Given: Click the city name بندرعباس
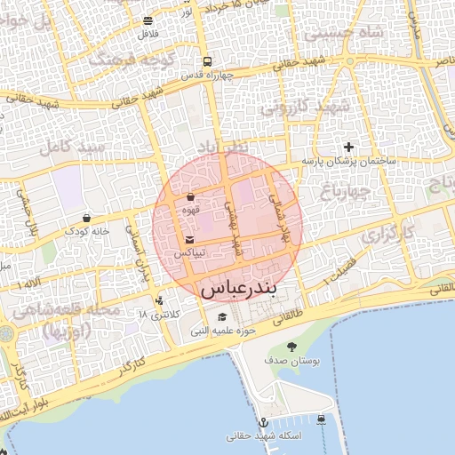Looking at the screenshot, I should [239, 289].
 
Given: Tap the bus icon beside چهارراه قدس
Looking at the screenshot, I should [207, 61].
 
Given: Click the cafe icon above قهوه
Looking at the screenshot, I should [190, 197].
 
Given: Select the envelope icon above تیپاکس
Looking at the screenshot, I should [190, 240].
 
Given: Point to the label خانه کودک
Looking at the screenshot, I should [85, 231].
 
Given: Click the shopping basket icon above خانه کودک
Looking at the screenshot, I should [86, 218].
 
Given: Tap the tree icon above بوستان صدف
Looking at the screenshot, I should [292, 347].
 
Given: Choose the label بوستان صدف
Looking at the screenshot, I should [292, 362].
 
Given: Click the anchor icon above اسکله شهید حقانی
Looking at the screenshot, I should [263, 422].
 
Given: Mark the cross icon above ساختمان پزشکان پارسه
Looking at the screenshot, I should [348, 147].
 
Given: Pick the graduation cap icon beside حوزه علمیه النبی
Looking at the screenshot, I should [221, 317].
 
